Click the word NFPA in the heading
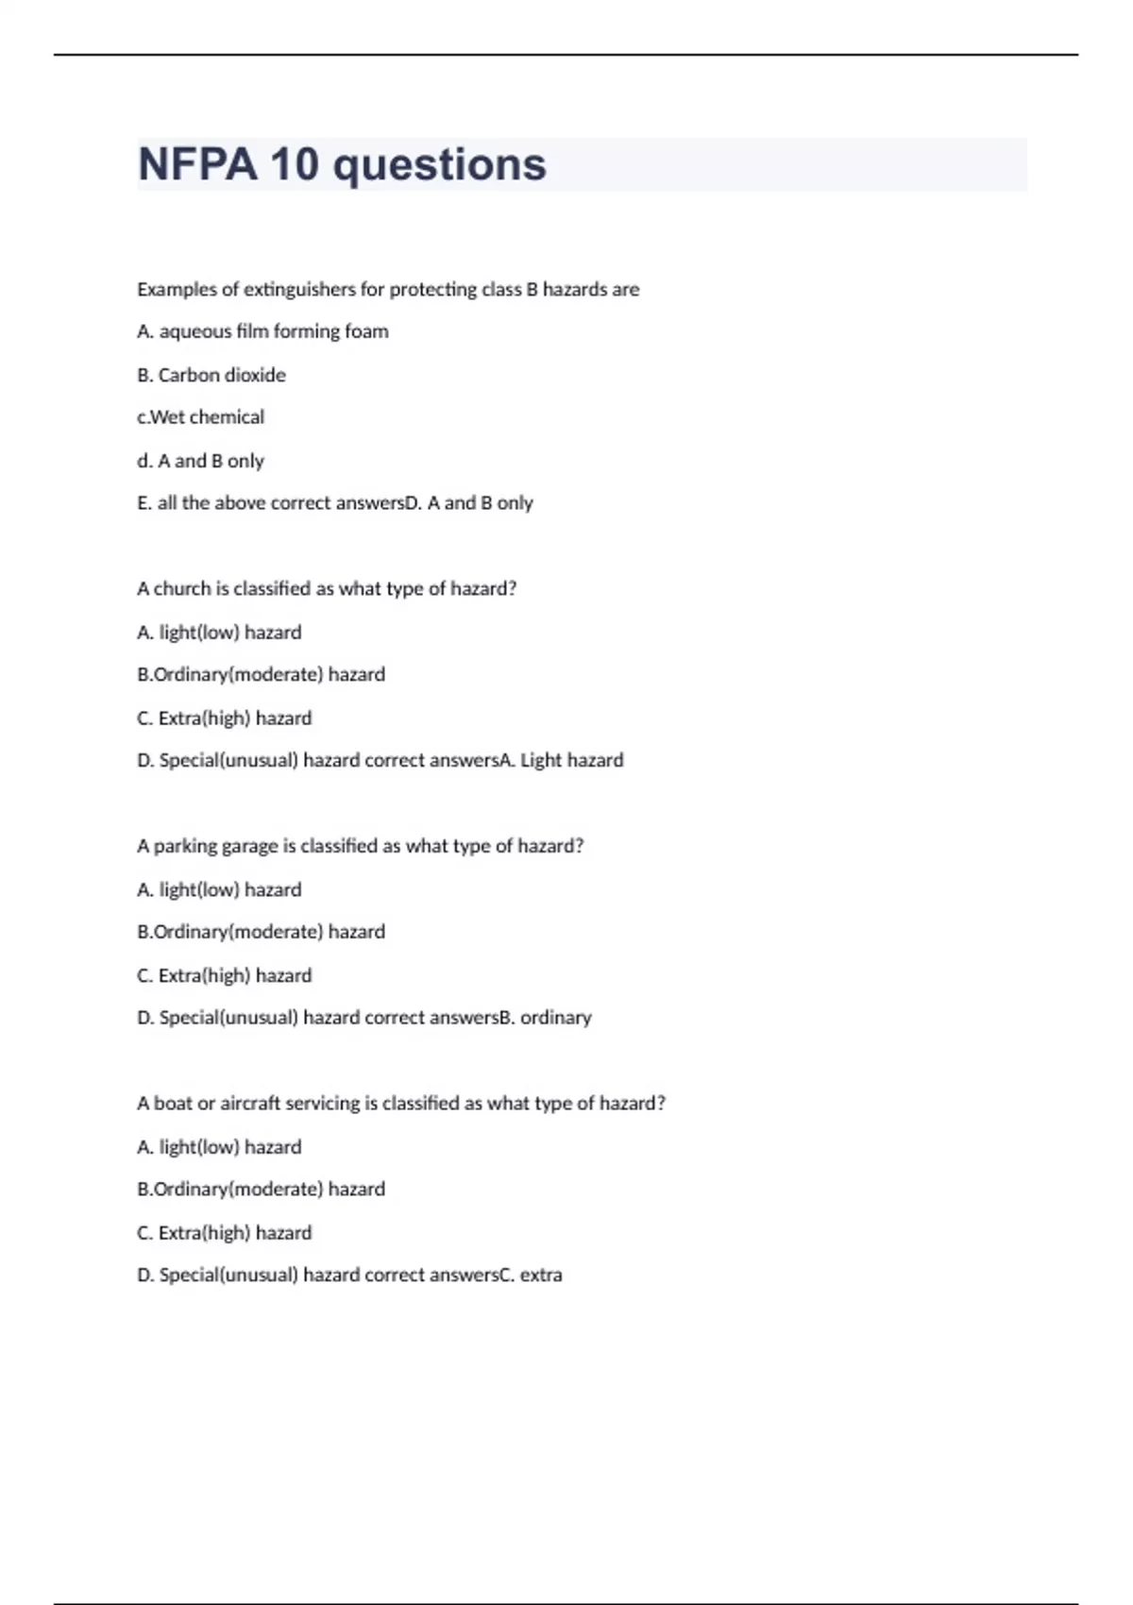[197, 165]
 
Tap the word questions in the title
[439, 165]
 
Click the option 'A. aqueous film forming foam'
[262, 331]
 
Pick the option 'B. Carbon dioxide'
[211, 375]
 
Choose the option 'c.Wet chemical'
[200, 417]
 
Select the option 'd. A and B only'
[200, 461]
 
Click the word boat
[173, 1104]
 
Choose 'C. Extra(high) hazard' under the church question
[224, 718]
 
